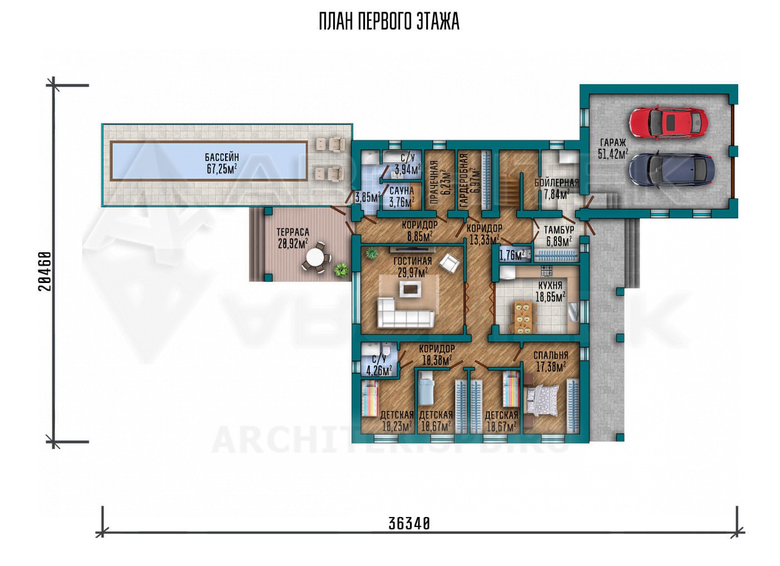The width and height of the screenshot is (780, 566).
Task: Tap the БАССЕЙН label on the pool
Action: [222, 157]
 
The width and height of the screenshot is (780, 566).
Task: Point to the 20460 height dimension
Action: [45, 271]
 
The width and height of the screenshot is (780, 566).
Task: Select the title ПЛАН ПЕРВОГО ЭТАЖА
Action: [389, 22]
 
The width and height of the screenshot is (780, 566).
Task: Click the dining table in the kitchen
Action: [523, 318]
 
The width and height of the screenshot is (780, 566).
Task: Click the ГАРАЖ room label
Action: [613, 143]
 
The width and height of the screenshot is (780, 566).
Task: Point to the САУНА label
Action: [402, 191]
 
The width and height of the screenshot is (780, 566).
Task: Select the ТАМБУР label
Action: [559, 230]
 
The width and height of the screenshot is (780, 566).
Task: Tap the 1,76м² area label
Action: [512, 256]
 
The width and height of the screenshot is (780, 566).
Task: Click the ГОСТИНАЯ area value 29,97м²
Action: [413, 272]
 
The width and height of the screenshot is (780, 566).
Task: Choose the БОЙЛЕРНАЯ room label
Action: [557, 183]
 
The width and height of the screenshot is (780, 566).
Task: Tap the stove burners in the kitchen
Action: [547, 270]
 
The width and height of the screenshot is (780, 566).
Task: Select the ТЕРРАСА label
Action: [292, 232]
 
